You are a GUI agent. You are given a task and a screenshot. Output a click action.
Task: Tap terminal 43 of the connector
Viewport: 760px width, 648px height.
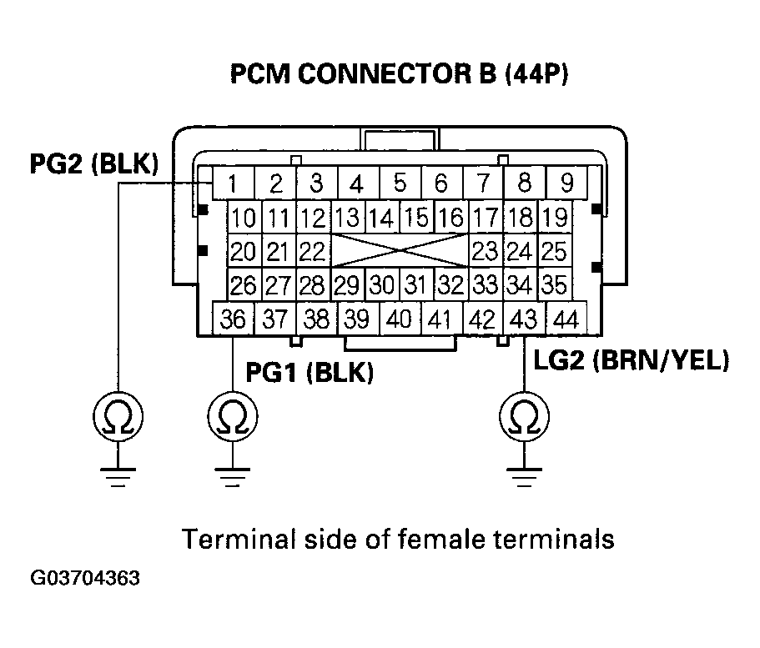tap(524, 319)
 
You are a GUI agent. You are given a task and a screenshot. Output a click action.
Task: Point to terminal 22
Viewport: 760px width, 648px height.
tap(312, 251)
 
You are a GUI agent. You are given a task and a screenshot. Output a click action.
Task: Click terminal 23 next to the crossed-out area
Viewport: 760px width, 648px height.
tap(486, 251)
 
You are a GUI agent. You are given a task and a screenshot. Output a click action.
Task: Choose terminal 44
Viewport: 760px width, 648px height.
tap(566, 319)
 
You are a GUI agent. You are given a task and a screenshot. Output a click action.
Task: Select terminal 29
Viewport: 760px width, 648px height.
tap(346, 285)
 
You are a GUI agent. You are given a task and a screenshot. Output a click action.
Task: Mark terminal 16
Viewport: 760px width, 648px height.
tap(450, 219)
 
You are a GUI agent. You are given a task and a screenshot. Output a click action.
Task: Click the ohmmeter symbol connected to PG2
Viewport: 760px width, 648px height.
tap(118, 414)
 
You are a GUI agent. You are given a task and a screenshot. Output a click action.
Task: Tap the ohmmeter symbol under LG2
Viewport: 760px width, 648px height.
tap(523, 414)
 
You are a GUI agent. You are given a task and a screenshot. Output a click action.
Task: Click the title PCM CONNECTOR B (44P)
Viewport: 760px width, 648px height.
tap(399, 76)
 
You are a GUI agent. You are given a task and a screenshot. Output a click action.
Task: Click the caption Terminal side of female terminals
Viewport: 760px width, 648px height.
tap(399, 540)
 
